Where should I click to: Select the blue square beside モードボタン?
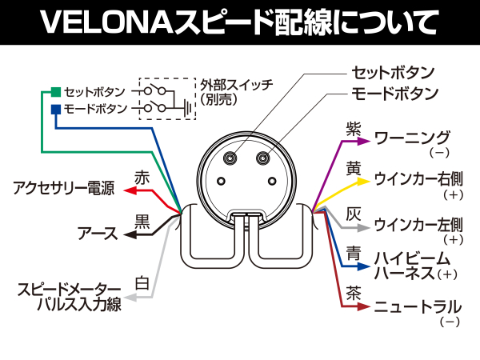[54, 108]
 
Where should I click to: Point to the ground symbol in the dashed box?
[186, 106]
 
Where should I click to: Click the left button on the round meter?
[231, 158]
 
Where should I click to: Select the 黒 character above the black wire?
[142, 218]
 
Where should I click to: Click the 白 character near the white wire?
[142, 282]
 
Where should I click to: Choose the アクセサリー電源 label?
[63, 190]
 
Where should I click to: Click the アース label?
[98, 234]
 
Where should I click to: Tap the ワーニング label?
[413, 138]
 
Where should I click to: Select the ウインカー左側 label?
[418, 223]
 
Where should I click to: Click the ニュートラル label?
[418, 306]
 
